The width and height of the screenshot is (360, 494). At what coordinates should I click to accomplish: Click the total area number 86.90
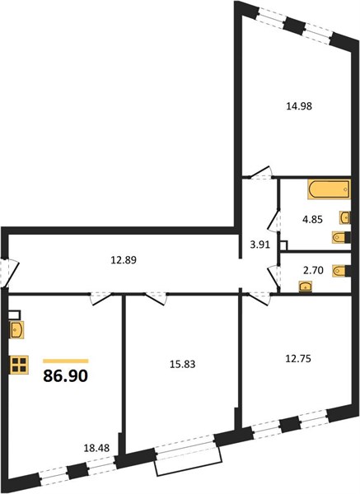point(65,375)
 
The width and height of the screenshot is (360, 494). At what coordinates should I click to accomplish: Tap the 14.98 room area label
point(299,106)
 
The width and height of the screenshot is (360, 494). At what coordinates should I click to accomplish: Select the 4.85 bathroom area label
point(312,219)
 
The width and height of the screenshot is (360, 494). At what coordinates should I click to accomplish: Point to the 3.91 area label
point(260,245)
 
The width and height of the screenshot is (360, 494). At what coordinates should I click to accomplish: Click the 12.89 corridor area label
point(124,260)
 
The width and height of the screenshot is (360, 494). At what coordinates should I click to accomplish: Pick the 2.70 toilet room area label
point(312,270)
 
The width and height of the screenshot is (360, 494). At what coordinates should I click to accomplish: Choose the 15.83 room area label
point(183,364)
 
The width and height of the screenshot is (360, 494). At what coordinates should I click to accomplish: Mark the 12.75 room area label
point(298,358)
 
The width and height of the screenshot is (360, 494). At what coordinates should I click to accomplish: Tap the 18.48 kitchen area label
point(96,448)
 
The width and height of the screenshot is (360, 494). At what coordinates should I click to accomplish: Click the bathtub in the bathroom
point(329,189)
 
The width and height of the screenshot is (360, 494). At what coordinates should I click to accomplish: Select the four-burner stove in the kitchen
point(19,365)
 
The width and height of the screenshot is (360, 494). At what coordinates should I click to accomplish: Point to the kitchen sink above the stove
point(16,330)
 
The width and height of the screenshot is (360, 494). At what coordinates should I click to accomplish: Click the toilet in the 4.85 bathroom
point(341,237)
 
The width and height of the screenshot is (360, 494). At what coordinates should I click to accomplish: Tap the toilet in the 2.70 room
point(341,271)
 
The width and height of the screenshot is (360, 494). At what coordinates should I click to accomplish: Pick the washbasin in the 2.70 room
point(306,287)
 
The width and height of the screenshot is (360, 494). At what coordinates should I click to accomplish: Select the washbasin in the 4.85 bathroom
point(345,217)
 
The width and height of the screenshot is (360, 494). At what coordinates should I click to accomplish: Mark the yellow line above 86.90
point(66,361)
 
